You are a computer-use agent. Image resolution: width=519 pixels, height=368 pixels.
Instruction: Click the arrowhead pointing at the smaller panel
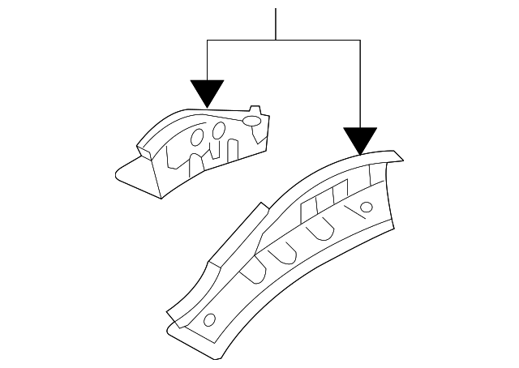[207, 92]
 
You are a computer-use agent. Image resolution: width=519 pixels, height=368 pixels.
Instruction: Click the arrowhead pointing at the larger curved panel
[359, 139]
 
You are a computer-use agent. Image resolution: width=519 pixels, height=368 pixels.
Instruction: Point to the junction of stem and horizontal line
[276, 40]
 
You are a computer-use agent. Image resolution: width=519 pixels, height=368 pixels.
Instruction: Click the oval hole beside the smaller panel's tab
[251, 122]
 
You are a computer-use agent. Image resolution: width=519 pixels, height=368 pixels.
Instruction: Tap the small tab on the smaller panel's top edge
[255, 109]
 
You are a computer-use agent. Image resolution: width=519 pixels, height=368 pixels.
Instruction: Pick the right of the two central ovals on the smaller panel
[219, 132]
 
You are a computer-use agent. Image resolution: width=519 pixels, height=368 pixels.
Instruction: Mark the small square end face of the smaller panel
[146, 148]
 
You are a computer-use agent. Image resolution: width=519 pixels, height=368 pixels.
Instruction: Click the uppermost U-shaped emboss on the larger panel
[321, 233]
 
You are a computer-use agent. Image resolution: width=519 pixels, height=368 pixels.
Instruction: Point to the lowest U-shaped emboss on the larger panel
[253, 271]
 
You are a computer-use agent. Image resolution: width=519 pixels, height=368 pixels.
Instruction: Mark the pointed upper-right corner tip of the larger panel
[397, 153]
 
